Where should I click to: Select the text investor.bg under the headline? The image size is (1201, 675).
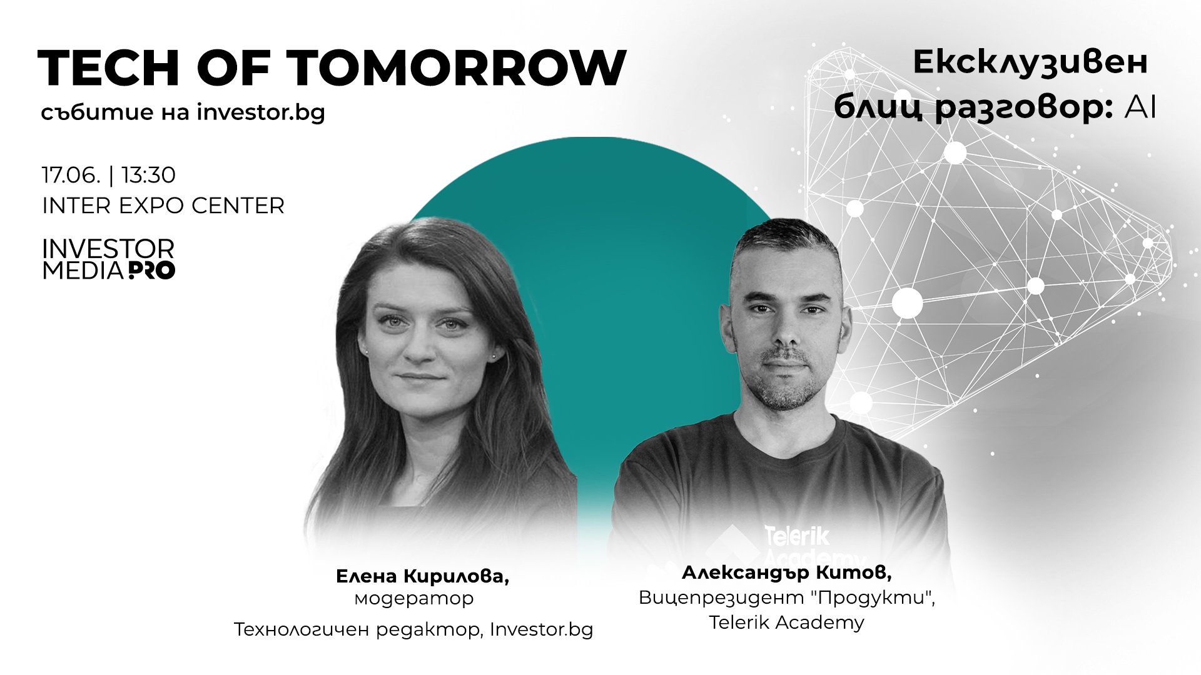tap(261, 113)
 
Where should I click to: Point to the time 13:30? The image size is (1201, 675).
tap(148, 175)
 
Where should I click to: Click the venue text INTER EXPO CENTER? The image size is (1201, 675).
tap(163, 206)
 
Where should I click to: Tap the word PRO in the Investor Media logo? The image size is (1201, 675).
tap(152, 271)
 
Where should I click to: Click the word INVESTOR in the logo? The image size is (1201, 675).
tap(108, 249)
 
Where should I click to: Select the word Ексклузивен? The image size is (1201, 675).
tap(1030, 62)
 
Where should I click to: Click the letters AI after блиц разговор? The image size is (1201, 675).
tap(1140, 108)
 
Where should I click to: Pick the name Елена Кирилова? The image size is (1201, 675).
tap(422, 576)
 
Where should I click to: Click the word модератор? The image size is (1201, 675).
tap(414, 599)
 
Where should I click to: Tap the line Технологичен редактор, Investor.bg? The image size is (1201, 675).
tap(413, 629)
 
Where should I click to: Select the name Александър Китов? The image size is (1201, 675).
tap(786, 572)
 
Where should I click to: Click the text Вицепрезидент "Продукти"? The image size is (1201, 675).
tap(786, 598)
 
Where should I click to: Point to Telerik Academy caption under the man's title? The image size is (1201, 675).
tap(786, 622)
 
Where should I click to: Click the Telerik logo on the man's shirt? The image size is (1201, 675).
tap(798, 537)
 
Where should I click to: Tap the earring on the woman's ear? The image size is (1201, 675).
tap(494, 356)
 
